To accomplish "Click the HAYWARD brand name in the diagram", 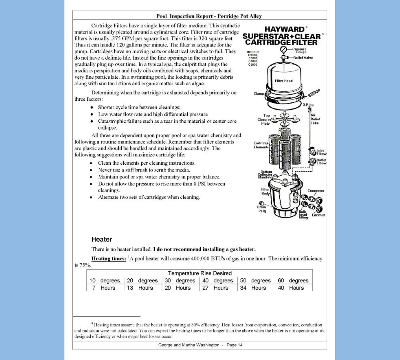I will point(284,29).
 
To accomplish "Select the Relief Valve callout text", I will point(303,58).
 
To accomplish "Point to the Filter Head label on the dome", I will point(284,81).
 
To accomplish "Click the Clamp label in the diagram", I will point(259,94).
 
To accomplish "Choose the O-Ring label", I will point(308,104).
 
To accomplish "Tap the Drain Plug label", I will point(262,209).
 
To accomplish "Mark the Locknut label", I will point(318,215).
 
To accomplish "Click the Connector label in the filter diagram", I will point(316,191).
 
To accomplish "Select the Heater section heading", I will point(102,239).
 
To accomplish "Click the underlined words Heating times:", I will point(109,258).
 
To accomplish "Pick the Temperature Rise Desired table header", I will point(200,273).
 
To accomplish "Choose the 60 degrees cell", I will point(293,280).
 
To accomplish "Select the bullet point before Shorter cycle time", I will point(92,107).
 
